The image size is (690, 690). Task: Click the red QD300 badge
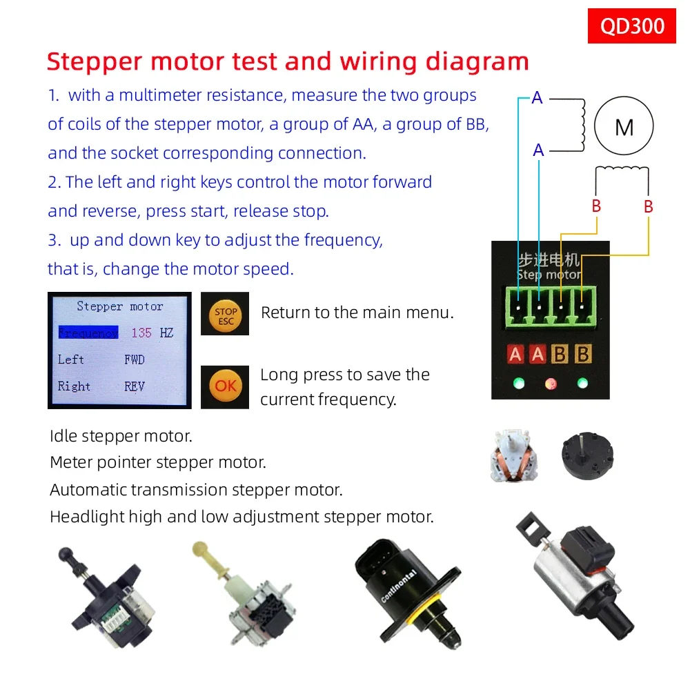click(x=631, y=26)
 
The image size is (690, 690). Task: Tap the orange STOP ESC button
click(x=226, y=315)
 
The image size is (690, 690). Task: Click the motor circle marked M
click(x=624, y=126)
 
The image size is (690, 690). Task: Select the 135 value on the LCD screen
click(x=141, y=333)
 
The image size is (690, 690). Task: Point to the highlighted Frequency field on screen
click(x=88, y=333)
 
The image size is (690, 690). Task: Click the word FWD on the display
click(x=135, y=359)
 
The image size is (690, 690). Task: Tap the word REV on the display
click(x=135, y=386)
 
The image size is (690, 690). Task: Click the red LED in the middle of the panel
click(x=551, y=384)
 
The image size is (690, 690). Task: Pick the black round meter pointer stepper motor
click(x=587, y=455)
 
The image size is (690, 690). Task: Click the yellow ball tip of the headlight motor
click(x=200, y=549)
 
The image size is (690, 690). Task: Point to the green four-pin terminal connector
click(x=551, y=307)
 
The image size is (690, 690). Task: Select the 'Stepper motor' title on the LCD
click(x=119, y=306)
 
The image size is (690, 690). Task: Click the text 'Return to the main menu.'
click(x=357, y=313)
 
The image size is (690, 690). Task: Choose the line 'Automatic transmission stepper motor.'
click(x=196, y=489)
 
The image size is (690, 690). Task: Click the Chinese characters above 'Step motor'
click(x=549, y=259)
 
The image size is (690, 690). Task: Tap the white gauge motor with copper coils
click(x=513, y=455)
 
